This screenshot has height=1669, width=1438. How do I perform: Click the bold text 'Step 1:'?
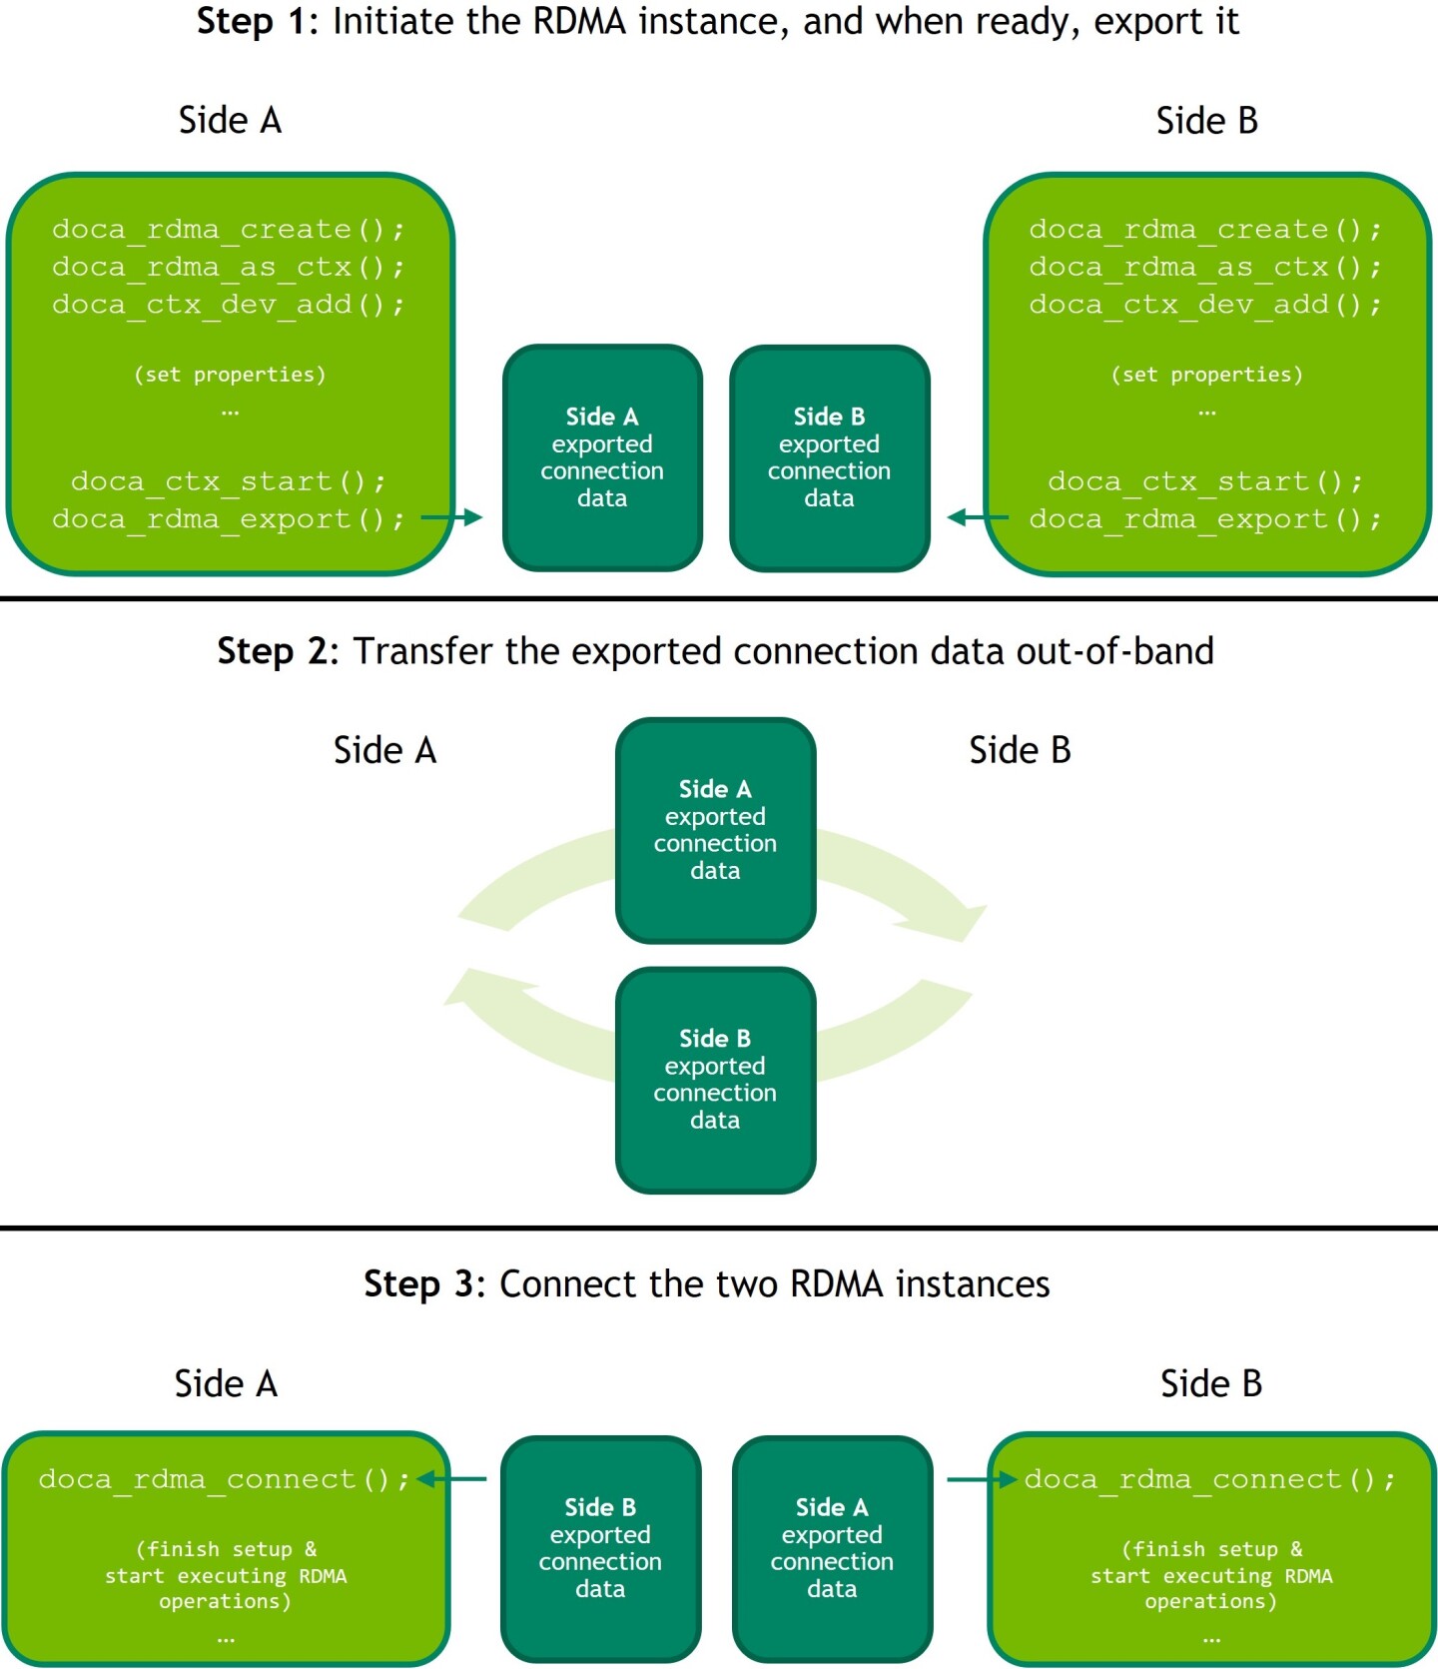pyautogui.click(x=258, y=22)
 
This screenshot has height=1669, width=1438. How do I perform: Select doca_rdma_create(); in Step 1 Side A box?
pyautogui.click(x=229, y=230)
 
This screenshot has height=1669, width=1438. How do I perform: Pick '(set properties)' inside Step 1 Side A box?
pyautogui.click(x=230, y=375)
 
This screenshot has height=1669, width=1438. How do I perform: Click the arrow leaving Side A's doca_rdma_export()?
pyautogui.click(x=451, y=517)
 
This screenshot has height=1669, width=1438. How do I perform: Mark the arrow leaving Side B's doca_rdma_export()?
pyautogui.click(x=978, y=517)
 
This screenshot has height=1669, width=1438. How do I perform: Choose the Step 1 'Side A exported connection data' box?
pyautogui.click(x=602, y=457)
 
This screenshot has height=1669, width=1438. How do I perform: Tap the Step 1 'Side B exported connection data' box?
pyautogui.click(x=830, y=457)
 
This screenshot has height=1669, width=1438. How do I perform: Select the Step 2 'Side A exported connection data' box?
pyautogui.click(x=715, y=830)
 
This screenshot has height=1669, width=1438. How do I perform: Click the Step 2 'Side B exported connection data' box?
pyautogui.click(x=715, y=1080)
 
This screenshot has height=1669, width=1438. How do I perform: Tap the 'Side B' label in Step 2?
pyautogui.click(x=1020, y=750)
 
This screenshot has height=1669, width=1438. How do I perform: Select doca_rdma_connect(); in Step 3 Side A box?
pyautogui.click(x=224, y=1479)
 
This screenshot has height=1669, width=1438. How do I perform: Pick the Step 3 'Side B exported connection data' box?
pyautogui.click(x=600, y=1548)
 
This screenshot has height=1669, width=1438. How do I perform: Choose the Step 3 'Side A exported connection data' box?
pyautogui.click(x=832, y=1548)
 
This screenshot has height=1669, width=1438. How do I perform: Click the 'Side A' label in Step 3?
pyautogui.click(x=226, y=1383)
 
